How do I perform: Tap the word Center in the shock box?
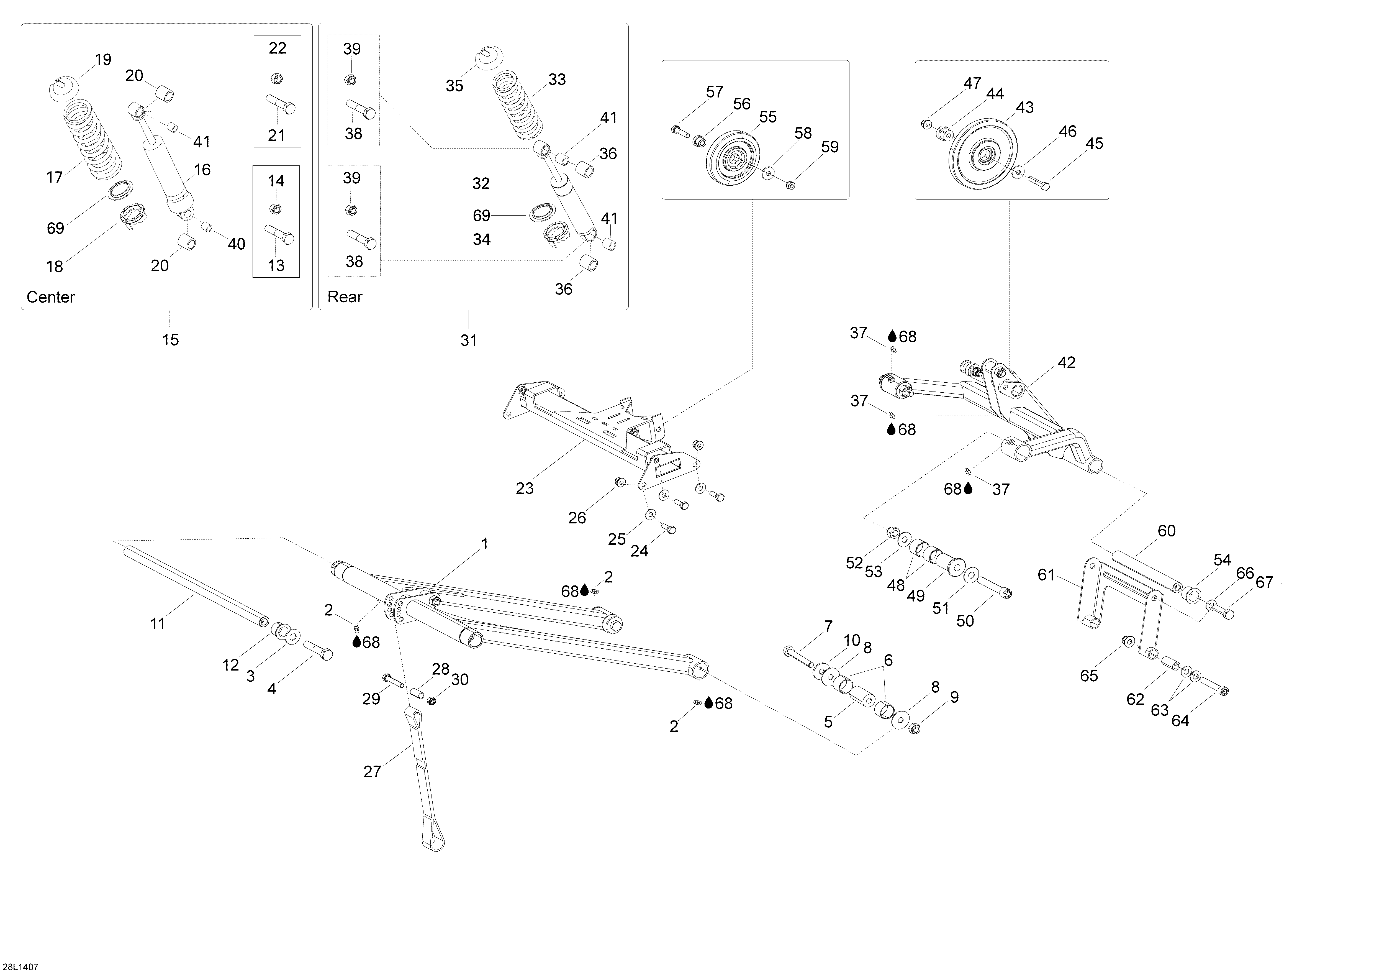51,297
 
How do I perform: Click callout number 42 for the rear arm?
1066,362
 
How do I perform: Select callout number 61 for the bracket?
1046,575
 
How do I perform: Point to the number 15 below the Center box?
171,340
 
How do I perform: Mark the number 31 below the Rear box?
469,341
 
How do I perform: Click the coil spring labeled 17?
90,138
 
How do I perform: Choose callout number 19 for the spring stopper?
103,60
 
